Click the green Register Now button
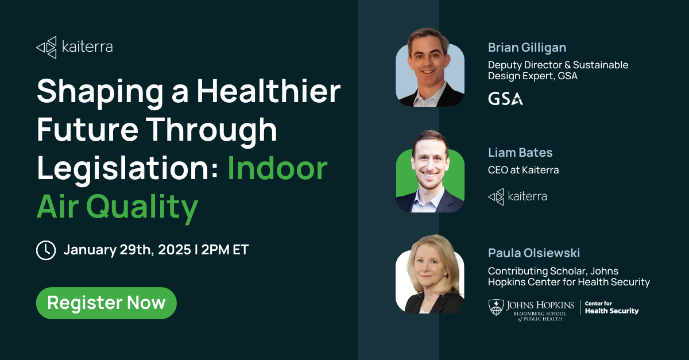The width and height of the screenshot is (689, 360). point(106,303)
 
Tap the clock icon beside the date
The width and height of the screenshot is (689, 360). point(46,250)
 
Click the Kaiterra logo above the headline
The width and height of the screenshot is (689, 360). point(75,47)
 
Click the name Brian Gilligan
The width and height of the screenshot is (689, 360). point(527,47)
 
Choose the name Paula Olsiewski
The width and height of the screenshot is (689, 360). point(533,253)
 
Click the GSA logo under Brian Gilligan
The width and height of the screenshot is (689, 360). point(505,99)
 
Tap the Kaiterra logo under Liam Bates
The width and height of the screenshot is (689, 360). point(517,196)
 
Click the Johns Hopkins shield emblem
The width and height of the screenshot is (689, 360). point(496,307)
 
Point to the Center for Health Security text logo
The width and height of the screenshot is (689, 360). point(611,307)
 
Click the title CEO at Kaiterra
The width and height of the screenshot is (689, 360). point(523,170)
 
